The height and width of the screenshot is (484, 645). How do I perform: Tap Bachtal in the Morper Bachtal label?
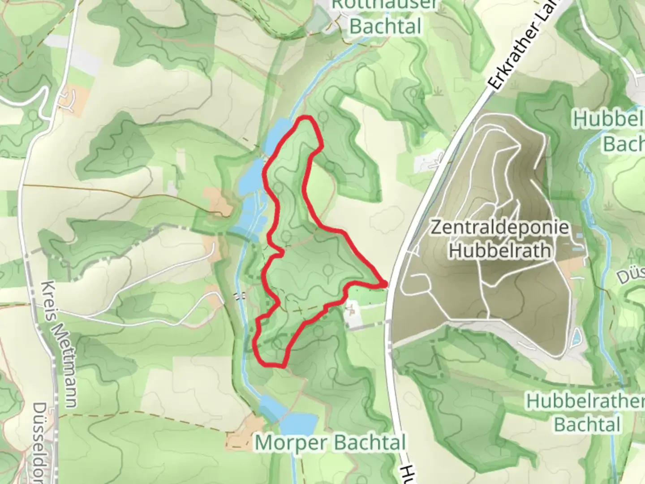(x=370, y=443)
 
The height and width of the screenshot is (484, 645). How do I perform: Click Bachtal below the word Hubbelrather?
(x=587, y=424)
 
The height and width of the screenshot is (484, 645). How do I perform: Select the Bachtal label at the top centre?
(x=385, y=26)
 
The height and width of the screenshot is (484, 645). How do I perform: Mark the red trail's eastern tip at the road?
(x=385, y=284)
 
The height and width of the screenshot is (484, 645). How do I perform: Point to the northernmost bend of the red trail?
(x=306, y=118)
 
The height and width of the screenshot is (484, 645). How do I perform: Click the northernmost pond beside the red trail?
(x=275, y=134)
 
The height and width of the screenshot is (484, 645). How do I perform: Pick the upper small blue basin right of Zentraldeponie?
(x=580, y=235)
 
